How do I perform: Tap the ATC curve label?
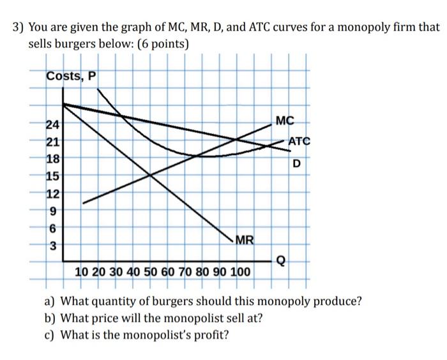(298, 141)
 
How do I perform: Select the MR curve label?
(245, 241)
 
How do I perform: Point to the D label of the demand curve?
(296, 163)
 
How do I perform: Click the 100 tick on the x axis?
(240, 273)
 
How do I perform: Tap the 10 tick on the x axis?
(82, 273)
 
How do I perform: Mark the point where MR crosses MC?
(151, 174)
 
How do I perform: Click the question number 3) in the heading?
(19, 27)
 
